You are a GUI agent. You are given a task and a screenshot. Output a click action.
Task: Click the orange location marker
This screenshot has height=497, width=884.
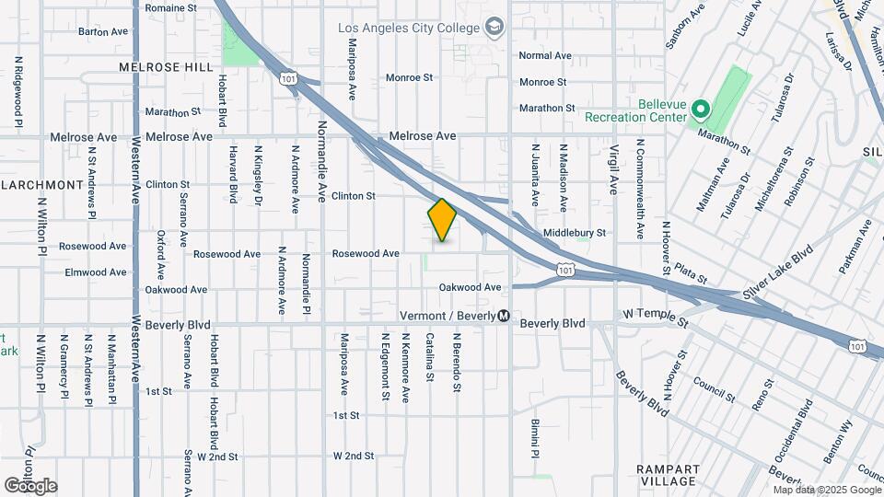443,220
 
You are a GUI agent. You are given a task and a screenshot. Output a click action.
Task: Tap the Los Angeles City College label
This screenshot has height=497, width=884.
409,28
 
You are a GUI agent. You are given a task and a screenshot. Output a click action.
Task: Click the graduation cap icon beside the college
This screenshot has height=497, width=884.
496,27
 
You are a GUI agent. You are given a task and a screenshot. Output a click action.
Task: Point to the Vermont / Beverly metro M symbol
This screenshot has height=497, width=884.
504,316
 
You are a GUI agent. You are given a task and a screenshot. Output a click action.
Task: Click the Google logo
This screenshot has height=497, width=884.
30,485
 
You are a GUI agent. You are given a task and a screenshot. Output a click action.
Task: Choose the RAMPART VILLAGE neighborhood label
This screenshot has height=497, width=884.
669,475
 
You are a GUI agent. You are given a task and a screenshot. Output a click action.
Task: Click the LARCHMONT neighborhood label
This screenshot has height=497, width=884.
44,184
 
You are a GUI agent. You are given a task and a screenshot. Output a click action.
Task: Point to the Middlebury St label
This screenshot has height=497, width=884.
575,234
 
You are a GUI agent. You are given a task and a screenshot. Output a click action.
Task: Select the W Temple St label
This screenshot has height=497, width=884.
656,318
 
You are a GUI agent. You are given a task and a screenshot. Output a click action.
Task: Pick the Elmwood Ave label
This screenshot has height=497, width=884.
96,272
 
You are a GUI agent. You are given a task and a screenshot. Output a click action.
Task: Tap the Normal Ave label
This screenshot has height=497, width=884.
545,55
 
